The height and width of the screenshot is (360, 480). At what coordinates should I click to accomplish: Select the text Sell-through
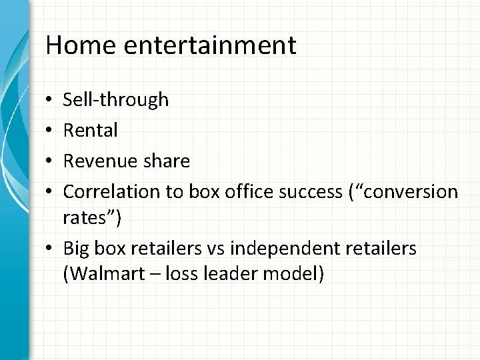coord(115,100)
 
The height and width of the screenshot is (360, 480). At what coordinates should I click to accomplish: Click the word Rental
coord(90,131)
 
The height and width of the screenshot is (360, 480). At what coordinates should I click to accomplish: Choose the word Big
coord(75,249)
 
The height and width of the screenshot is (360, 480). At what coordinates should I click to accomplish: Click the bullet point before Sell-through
coord(51,101)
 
